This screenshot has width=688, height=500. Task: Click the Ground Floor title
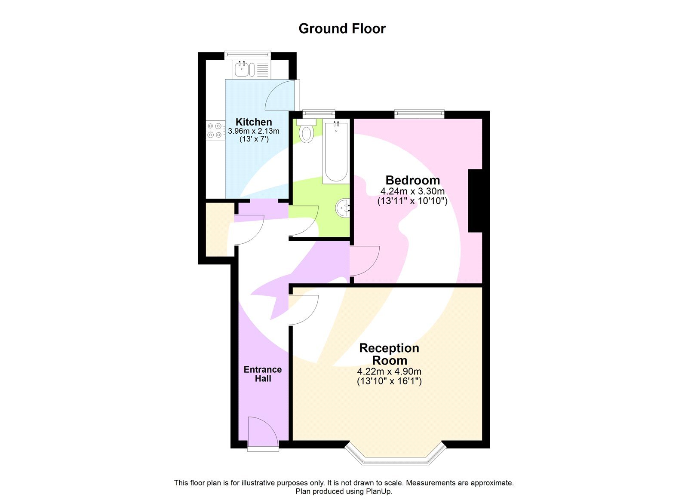coord(342,28)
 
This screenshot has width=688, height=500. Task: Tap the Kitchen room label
coord(254,122)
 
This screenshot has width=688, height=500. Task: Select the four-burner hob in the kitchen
coord(215,130)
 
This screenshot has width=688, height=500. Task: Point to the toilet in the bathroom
coord(307,132)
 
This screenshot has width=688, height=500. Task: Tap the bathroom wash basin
coord(343,209)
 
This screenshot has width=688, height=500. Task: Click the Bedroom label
coord(412,180)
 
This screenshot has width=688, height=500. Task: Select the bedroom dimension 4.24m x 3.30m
coord(412,191)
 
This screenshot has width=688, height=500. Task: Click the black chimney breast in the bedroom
coord(475,201)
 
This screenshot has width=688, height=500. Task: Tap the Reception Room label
coord(389,354)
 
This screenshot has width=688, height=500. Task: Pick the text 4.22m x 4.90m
coord(389,371)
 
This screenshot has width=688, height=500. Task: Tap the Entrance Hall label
coord(263,374)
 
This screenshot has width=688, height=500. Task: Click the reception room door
coord(304,310)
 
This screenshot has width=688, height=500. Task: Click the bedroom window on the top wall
coord(419,113)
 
